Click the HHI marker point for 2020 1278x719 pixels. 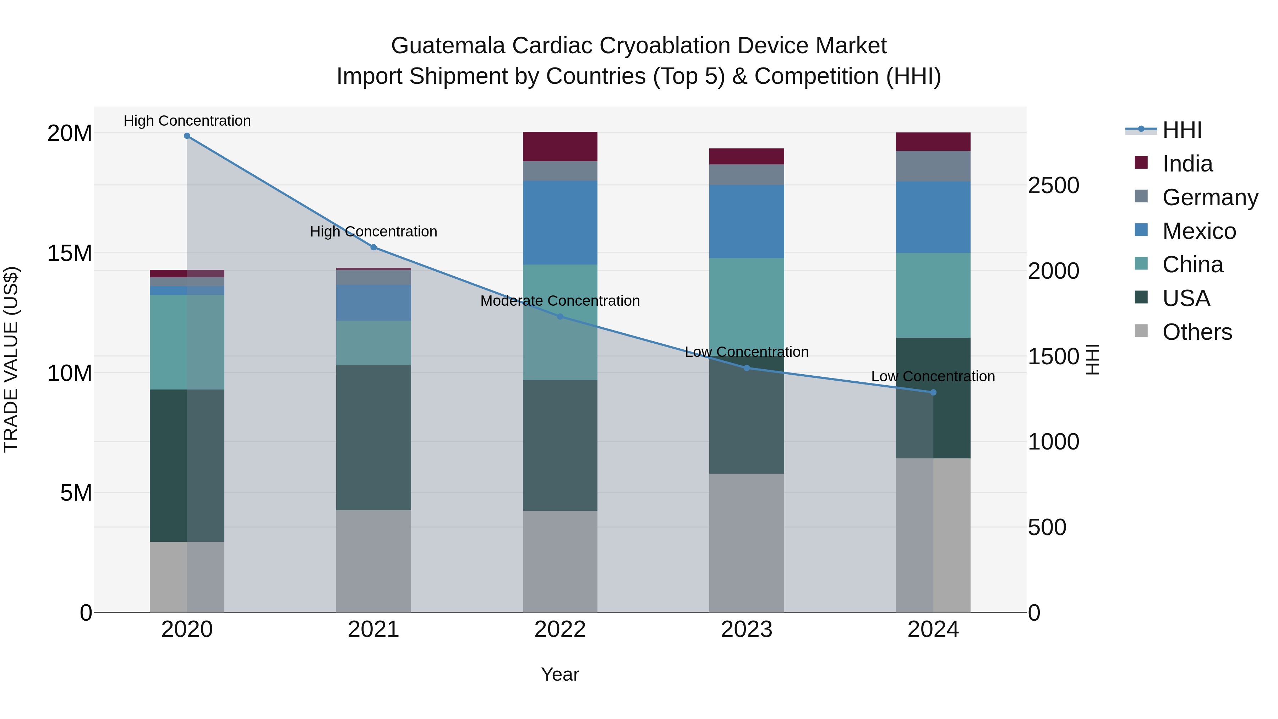pyautogui.click(x=187, y=136)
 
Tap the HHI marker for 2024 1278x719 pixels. pyautogui.click(x=933, y=392)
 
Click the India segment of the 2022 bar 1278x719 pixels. pyautogui.click(x=560, y=146)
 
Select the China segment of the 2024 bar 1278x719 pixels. pyautogui.click(x=933, y=295)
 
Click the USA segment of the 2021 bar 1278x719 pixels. pyautogui.click(x=373, y=438)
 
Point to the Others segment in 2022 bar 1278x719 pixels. pyautogui.click(x=560, y=561)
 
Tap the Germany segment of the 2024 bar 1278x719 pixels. pyautogui.click(x=933, y=166)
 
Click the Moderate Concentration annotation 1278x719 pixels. pyautogui.click(x=560, y=301)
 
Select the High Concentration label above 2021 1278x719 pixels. pyautogui.click(x=373, y=232)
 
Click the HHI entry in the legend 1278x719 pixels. pyautogui.click(x=1182, y=130)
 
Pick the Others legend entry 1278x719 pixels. pyautogui.click(x=1197, y=332)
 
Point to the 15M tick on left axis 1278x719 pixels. pyautogui.click(x=70, y=253)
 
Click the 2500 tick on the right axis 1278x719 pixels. pyautogui.click(x=1053, y=186)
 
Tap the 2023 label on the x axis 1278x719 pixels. pyautogui.click(x=747, y=630)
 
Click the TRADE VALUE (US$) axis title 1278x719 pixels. pyautogui.click(x=11, y=359)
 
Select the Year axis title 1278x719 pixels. pyautogui.click(x=560, y=674)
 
